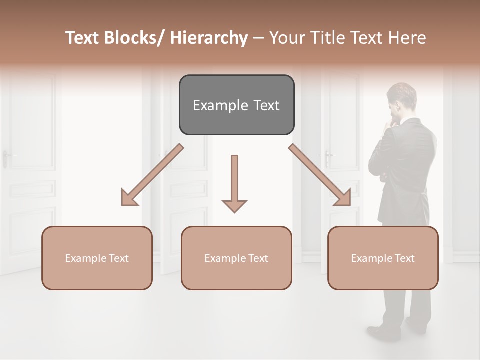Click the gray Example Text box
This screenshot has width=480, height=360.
click(x=236, y=105)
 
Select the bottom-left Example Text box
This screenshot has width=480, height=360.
click(x=97, y=258)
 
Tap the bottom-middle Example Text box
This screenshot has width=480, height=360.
click(x=236, y=258)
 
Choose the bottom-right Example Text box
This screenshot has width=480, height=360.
click(x=383, y=258)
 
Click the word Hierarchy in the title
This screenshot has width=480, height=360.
click(x=209, y=38)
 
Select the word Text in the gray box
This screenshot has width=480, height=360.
click(x=265, y=105)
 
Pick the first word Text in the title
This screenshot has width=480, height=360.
click(x=83, y=38)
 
